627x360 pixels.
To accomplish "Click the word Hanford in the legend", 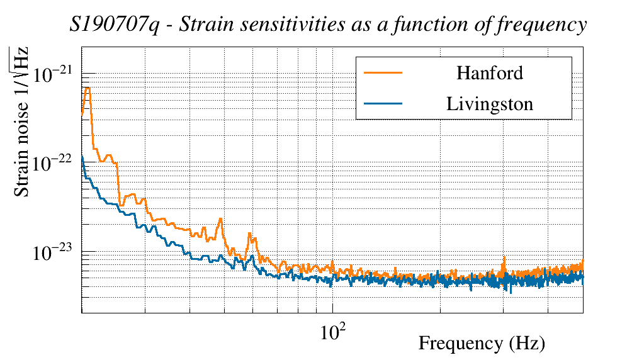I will pyautogui.click(x=490, y=73).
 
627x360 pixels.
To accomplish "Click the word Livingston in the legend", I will pyautogui.click(x=490, y=104).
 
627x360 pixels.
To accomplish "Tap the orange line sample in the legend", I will pyautogui.click(x=383, y=73).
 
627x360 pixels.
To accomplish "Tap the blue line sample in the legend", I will pyautogui.click(x=383, y=104).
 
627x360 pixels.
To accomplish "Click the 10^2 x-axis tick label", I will pyautogui.click(x=333, y=331).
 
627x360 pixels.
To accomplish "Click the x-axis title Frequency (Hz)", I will pyautogui.click(x=482, y=344).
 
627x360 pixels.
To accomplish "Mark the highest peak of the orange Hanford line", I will pyautogui.click(x=88, y=88).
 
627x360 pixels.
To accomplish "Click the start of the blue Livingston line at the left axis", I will pyautogui.click(x=82, y=157).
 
